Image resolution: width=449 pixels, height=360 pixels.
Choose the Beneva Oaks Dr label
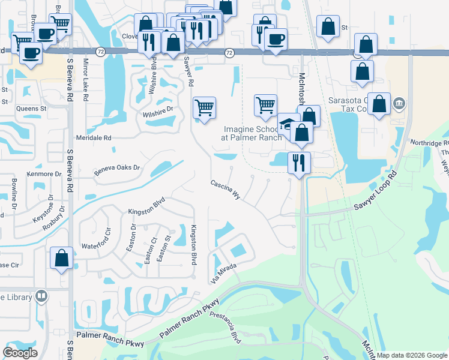pyautogui.click(x=116, y=171)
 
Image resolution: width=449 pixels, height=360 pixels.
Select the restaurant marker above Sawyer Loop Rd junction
pyautogui.click(x=298, y=163)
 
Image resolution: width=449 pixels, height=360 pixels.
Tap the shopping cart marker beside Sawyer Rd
pyautogui.click(x=204, y=108)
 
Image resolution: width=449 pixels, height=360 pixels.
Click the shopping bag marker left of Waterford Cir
pyautogui.click(x=61, y=258)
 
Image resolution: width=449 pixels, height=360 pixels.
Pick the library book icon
pyautogui.click(x=41, y=295)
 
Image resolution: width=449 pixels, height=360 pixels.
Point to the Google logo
pyautogui.click(x=20, y=353)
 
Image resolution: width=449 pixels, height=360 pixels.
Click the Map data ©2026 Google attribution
pyautogui.click(x=412, y=355)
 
